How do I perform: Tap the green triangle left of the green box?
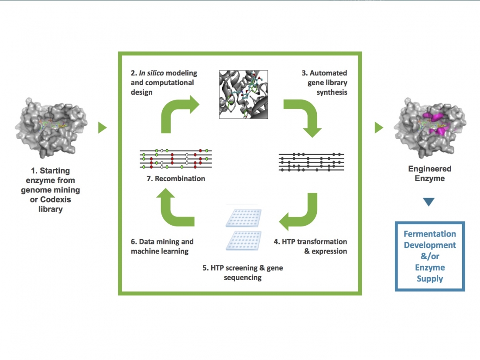102,127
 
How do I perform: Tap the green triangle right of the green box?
379,127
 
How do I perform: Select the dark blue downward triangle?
429,202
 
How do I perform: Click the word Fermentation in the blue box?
429,234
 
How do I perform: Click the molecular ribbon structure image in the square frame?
243,94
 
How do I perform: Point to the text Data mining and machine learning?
162,246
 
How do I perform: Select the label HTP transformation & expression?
310,246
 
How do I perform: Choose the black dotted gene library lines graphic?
311,162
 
